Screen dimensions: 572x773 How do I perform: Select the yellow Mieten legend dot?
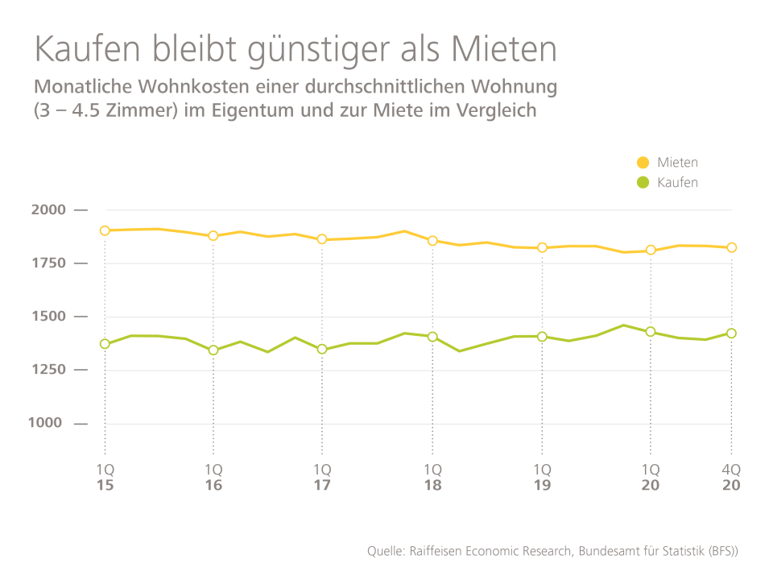[643, 163]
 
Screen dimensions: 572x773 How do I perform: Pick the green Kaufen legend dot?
[643, 182]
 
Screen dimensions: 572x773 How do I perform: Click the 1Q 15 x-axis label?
[105, 477]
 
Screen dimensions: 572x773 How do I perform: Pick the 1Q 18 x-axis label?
[432, 477]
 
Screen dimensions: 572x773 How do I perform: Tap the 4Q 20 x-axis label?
[731, 477]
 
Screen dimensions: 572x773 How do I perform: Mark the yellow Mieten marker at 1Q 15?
[105, 230]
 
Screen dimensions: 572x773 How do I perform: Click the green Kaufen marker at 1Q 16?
[213, 350]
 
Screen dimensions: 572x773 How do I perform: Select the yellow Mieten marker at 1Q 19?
[542, 247]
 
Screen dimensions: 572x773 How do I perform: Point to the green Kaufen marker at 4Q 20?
[731, 333]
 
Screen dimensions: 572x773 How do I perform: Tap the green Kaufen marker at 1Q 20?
[651, 331]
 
